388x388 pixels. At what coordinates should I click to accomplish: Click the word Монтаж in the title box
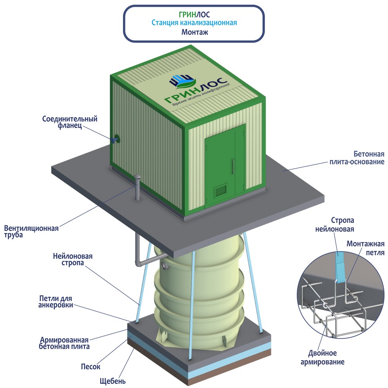[x=194, y=32]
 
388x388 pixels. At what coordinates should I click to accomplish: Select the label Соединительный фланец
[x=70, y=123]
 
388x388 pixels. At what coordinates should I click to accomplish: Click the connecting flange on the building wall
[x=115, y=139]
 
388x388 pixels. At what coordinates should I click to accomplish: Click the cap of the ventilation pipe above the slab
[x=137, y=178]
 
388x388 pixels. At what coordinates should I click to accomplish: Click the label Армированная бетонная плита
[x=64, y=343]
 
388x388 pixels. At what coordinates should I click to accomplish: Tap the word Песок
[x=91, y=366]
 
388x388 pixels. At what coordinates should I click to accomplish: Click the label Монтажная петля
[x=365, y=248]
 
